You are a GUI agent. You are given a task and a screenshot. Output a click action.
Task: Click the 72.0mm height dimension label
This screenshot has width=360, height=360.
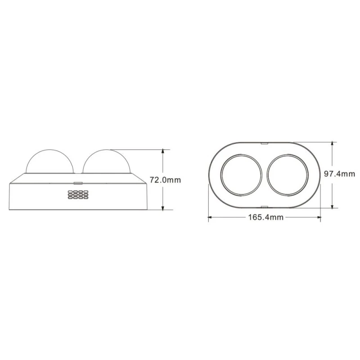(x=165, y=180)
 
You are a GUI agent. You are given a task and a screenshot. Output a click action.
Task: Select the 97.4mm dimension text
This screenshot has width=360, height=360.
(x=340, y=174)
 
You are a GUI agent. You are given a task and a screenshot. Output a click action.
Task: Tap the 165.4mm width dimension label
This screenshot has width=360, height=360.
(x=266, y=217)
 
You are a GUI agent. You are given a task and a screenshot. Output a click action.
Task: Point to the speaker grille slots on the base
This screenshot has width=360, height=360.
(x=78, y=194)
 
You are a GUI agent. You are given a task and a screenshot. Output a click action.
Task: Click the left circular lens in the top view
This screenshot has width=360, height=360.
(x=241, y=175)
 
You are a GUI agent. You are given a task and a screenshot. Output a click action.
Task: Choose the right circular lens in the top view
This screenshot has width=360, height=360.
(x=288, y=175)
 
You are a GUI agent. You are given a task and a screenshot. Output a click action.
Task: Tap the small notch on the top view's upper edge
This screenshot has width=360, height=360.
(x=265, y=143)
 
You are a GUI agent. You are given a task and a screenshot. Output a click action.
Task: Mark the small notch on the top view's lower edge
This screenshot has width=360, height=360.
(x=265, y=207)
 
